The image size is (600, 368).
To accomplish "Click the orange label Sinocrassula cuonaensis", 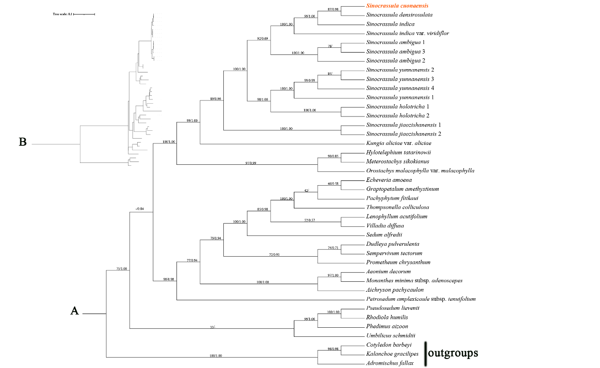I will [x=397, y=6].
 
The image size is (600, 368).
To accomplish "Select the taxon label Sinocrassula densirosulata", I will [x=399, y=15].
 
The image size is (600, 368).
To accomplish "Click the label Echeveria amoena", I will [x=389, y=180].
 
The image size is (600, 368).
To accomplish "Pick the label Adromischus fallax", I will [x=389, y=363].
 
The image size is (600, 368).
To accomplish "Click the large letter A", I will [x=74, y=311].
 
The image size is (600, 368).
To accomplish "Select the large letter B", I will [x=22, y=142].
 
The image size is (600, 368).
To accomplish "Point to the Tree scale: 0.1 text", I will [x=62, y=14].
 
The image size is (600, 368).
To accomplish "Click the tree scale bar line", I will [x=84, y=14].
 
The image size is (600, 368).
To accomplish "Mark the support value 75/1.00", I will [x=122, y=269].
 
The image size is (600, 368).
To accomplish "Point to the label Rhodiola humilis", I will [x=387, y=317].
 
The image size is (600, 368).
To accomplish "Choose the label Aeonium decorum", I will [x=388, y=271].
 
